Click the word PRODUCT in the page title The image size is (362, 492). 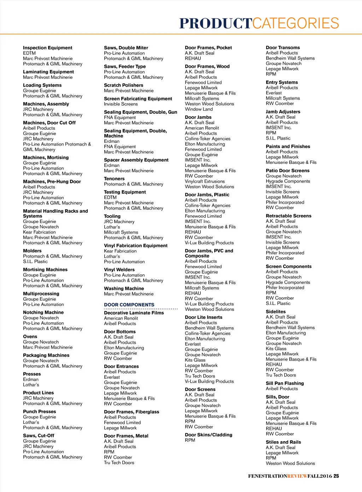click(x=215, y=23)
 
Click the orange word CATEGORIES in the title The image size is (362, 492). click(x=296, y=23)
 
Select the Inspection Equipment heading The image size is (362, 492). click(x=47, y=48)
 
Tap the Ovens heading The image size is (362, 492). click(x=30, y=336)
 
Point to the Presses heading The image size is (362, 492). click(x=32, y=374)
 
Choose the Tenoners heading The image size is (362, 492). click(x=114, y=179)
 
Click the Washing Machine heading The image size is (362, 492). click(x=124, y=288)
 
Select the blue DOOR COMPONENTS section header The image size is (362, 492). click(x=129, y=305)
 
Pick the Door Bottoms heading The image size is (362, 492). click(x=120, y=332)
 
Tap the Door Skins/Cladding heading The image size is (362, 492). click(x=209, y=435)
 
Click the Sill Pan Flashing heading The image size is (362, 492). click(x=285, y=383)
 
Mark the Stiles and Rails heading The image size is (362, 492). click(x=283, y=442)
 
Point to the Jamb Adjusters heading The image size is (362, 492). click(x=283, y=112)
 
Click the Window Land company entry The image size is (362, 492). click(x=199, y=109)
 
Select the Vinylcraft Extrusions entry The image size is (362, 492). click(x=205, y=181)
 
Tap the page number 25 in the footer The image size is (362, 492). click(x=336, y=476)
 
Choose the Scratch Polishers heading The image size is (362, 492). click(x=123, y=85)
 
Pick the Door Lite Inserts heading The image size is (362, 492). click(x=204, y=317)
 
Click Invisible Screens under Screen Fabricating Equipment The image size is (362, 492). click(x=121, y=104)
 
